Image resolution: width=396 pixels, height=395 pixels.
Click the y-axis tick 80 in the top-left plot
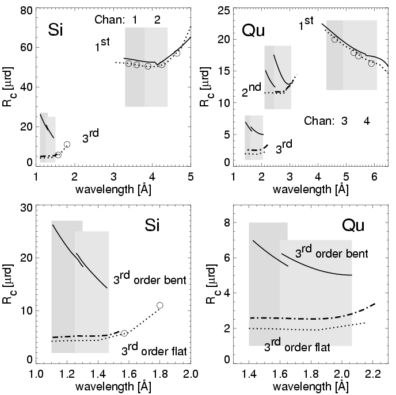pos(25,9)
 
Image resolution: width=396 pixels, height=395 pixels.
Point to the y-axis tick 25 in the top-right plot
pos(222,9)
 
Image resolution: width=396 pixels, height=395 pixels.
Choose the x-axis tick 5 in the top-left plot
pos(191,175)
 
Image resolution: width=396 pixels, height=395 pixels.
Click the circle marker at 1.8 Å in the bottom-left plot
pos(160,305)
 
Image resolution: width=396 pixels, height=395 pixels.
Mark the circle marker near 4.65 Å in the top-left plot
pos(177,53)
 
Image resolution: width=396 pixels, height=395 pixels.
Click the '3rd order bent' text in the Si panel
pos(149,279)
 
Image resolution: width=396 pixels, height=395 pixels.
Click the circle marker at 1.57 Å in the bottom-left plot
pos(124,333)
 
